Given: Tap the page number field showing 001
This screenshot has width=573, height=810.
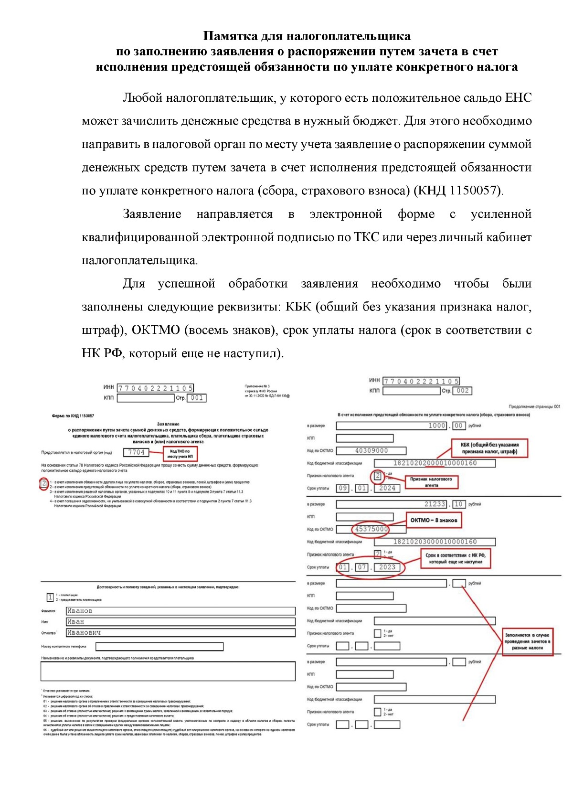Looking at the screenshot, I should pyautogui.click(x=196, y=398).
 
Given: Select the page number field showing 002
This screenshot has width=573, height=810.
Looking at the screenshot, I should pyautogui.click(x=462, y=391).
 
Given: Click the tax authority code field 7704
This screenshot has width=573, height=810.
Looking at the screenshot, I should pyautogui.click(x=136, y=452).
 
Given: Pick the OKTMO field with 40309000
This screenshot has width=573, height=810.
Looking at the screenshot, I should pyautogui.click(x=371, y=450).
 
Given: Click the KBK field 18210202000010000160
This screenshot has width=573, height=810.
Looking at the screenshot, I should pyautogui.click(x=435, y=463).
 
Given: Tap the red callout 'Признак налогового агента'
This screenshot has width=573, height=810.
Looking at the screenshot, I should pyautogui.click(x=431, y=481).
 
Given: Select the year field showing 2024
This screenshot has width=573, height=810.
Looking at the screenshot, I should pyautogui.click(x=387, y=488).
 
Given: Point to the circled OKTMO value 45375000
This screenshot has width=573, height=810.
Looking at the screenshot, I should pyautogui.click(x=371, y=529).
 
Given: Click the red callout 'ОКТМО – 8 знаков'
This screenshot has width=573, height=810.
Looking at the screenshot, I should pyautogui.click(x=434, y=520).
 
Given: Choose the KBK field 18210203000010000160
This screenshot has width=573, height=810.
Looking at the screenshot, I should pyautogui.click(x=435, y=542).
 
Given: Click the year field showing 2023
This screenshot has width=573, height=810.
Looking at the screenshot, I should pyautogui.click(x=387, y=567).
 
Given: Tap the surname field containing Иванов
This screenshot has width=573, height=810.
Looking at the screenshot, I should pyautogui.click(x=180, y=611).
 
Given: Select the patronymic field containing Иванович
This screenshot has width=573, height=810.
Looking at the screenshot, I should pyautogui.click(x=180, y=633).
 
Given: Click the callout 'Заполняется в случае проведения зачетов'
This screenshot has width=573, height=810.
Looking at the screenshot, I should pyautogui.click(x=527, y=641).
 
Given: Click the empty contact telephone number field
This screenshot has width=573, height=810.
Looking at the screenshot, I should pyautogui.click(x=159, y=647).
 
